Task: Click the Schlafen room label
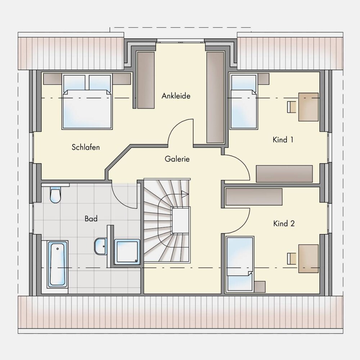86,147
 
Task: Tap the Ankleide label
176,96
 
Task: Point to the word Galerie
177,159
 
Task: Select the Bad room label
91,219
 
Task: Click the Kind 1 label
283,140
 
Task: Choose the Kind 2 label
284,224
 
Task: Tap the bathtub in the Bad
57,264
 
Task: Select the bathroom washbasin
100,246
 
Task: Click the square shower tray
127,251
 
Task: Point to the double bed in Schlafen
87,101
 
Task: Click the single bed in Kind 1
243,101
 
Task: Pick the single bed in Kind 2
240,265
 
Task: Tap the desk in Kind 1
309,107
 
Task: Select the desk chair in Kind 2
292,258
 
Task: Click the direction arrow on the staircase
185,194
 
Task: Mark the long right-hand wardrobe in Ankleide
215,98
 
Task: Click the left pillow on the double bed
75,83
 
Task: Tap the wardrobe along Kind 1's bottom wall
284,174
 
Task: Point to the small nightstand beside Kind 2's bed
260,287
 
